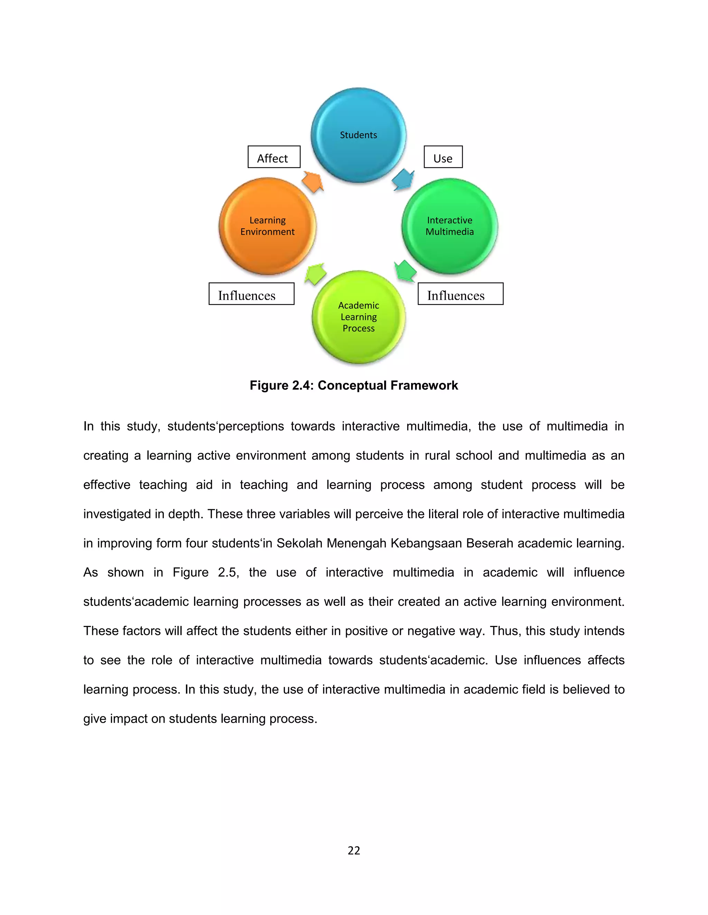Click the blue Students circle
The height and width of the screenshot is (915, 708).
(358, 135)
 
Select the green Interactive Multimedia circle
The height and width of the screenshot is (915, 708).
(450, 226)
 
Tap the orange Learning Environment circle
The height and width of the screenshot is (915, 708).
(267, 226)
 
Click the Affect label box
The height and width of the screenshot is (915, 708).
(274, 157)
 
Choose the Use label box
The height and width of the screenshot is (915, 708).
(443, 157)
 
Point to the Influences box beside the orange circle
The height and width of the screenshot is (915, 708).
(251, 294)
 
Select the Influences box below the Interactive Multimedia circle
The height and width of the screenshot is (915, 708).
(460, 294)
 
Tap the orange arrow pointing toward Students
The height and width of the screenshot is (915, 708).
(313, 181)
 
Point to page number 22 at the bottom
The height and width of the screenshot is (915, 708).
(354, 850)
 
